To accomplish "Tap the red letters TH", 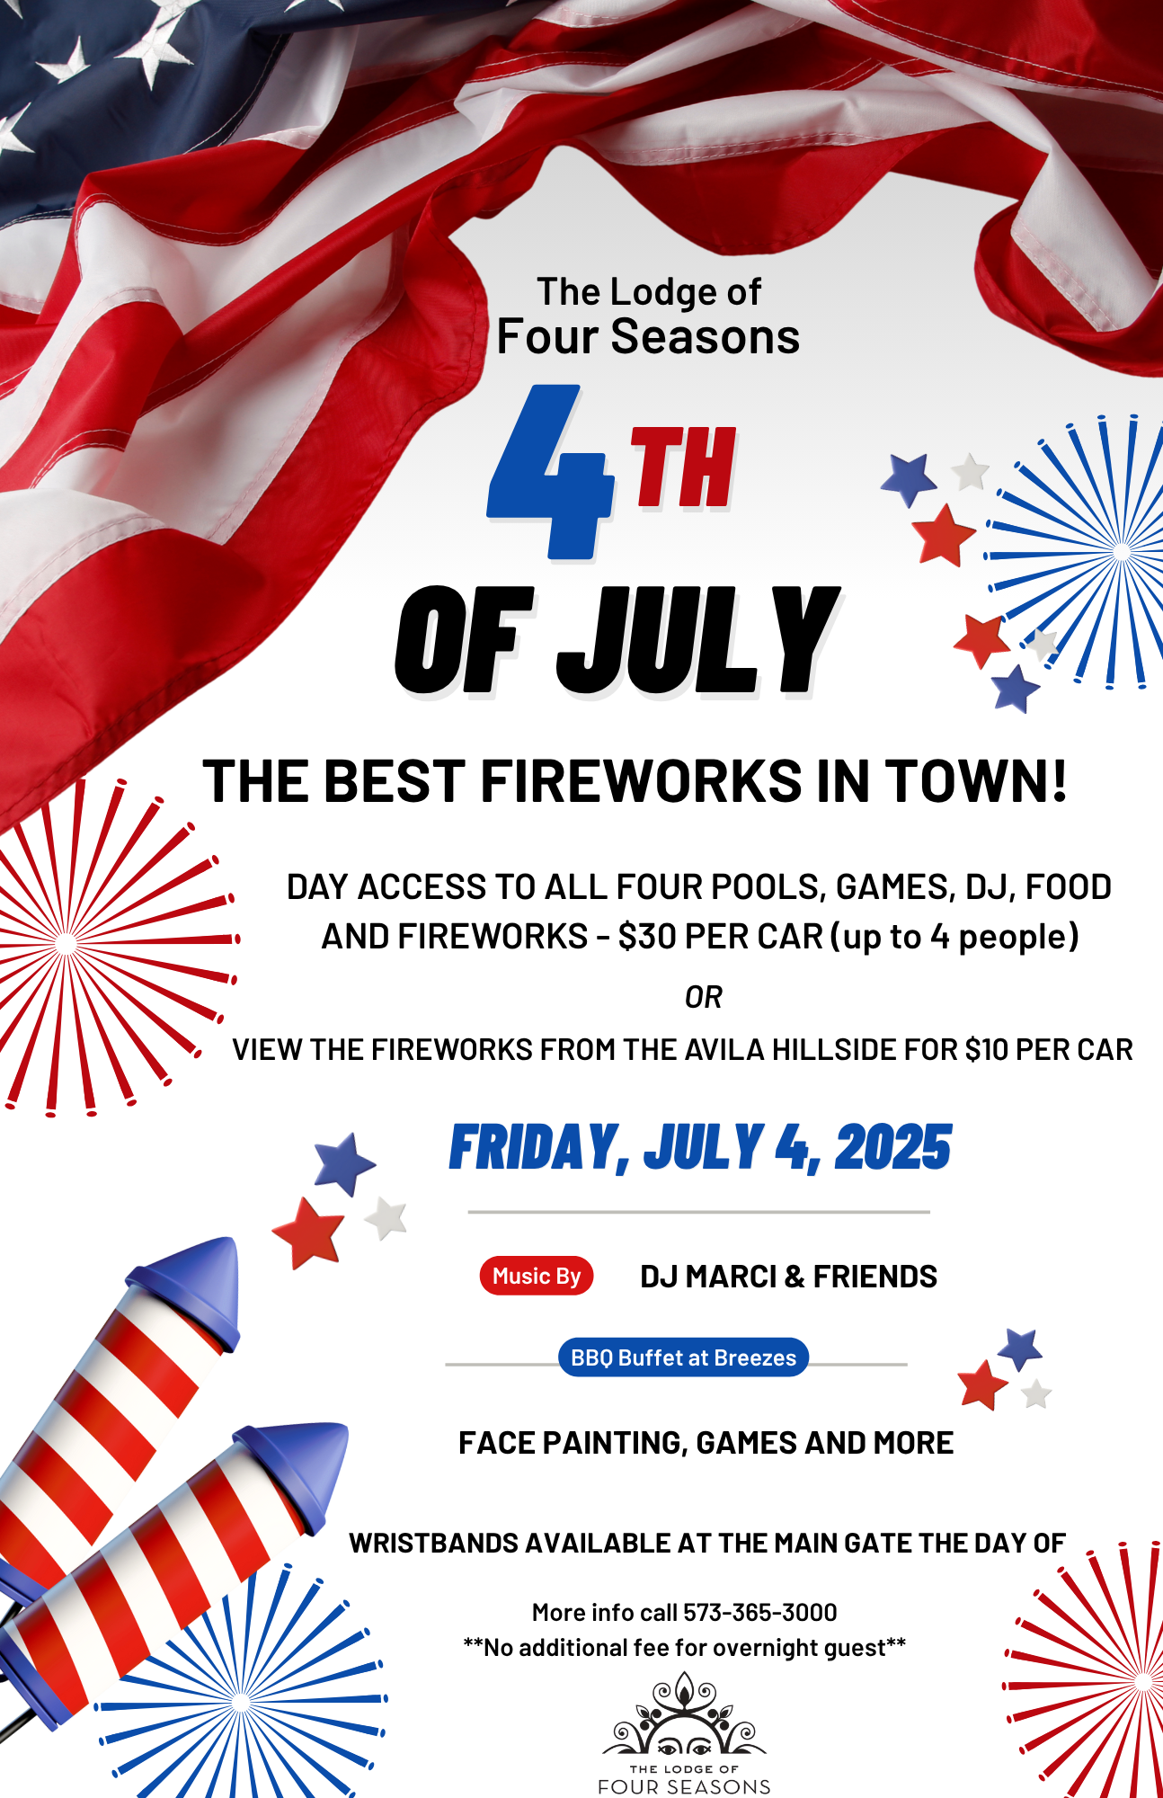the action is [x=684, y=467].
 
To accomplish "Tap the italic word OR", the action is [x=703, y=997].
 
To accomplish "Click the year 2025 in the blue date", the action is [x=892, y=1148].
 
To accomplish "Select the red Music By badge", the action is [x=537, y=1276].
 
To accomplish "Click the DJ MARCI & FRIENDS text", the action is [x=788, y=1277].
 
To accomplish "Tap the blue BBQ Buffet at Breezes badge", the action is [x=683, y=1357].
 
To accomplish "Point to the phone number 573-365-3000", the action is [x=760, y=1613].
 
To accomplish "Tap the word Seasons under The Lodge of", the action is [x=705, y=337].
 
